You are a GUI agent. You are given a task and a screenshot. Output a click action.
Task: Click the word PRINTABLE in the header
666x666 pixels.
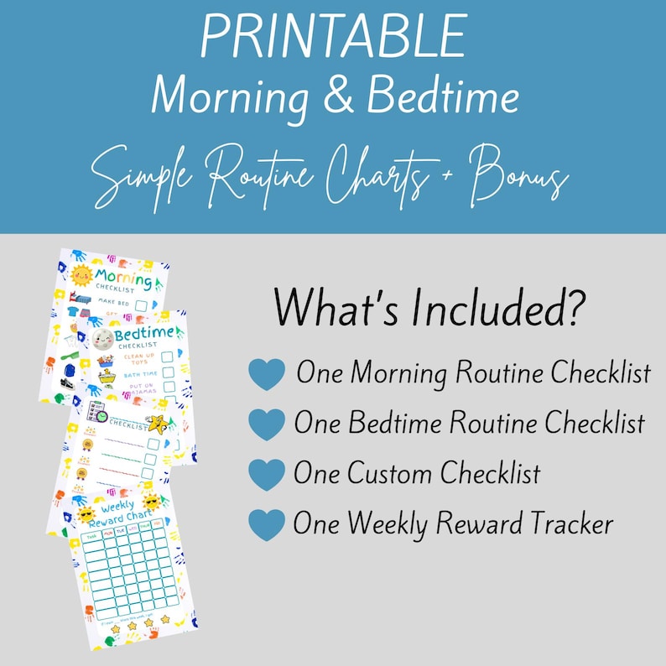pyautogui.click(x=332, y=38)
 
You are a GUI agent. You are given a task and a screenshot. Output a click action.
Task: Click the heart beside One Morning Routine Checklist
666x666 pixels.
pyautogui.click(x=267, y=374)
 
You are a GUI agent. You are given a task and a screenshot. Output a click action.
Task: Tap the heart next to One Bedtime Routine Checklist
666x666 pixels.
pyautogui.click(x=267, y=424)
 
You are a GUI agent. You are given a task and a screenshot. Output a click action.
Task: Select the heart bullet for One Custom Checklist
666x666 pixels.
pyautogui.click(x=267, y=475)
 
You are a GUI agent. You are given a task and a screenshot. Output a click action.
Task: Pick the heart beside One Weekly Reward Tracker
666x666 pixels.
pyautogui.click(x=267, y=525)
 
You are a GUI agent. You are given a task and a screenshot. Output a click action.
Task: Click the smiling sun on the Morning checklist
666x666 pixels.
pyautogui.click(x=81, y=275)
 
